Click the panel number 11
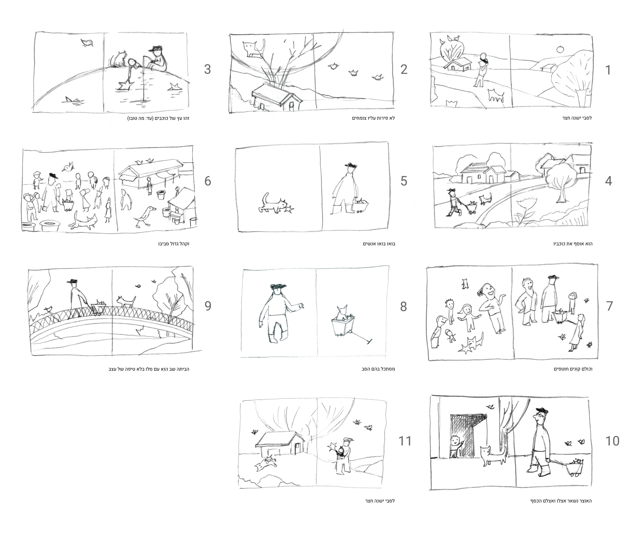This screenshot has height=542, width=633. coord(405,441)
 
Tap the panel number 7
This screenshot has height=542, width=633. coord(609,306)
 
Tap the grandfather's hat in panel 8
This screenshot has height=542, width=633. coord(279,286)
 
